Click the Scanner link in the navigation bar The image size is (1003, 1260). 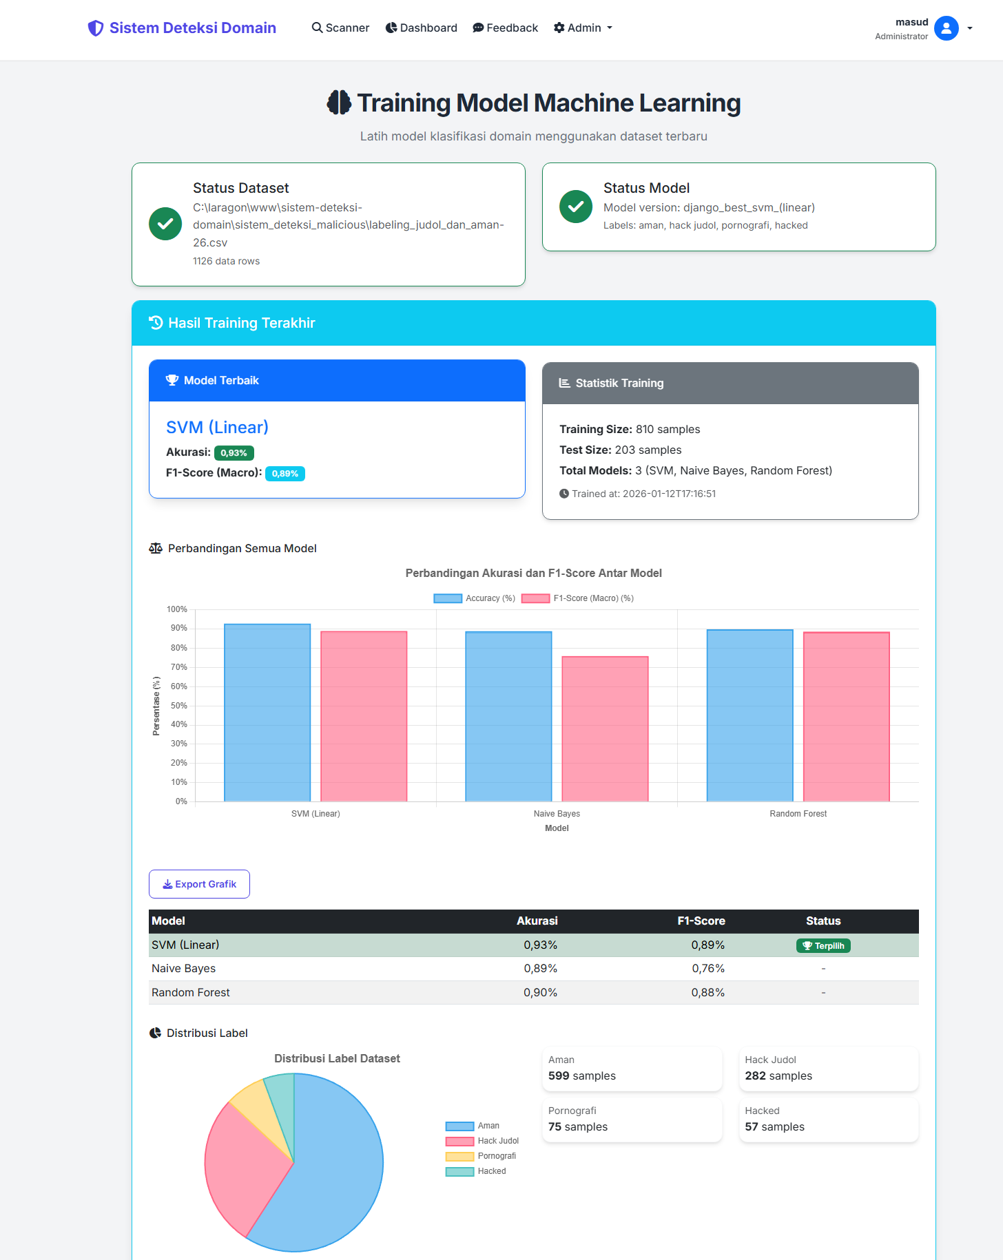pyautogui.click(x=340, y=28)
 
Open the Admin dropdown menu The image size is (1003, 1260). pyautogui.click(x=583, y=28)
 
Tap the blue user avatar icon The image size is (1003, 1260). pyautogui.click(x=946, y=28)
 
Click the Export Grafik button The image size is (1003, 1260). pyautogui.click(x=199, y=884)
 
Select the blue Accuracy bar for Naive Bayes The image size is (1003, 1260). pyautogui.click(x=508, y=716)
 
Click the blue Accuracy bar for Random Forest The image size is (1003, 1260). pyautogui.click(x=749, y=715)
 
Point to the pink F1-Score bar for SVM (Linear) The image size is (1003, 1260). pyautogui.click(x=364, y=716)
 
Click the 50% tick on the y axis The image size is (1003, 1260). pyautogui.click(x=179, y=706)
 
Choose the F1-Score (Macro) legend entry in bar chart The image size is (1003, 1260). pyautogui.click(x=578, y=598)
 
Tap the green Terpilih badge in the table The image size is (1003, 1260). pyautogui.click(x=823, y=945)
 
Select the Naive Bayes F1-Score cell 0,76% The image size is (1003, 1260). pyautogui.click(x=708, y=969)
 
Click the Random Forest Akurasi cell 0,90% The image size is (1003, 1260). pyautogui.click(x=540, y=992)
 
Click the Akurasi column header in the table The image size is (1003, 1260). pyautogui.click(x=537, y=921)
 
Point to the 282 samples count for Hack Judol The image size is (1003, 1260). pyautogui.click(x=778, y=1076)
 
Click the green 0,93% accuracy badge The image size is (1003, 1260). pyautogui.click(x=234, y=453)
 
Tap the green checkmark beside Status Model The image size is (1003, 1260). pyautogui.click(x=576, y=207)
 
